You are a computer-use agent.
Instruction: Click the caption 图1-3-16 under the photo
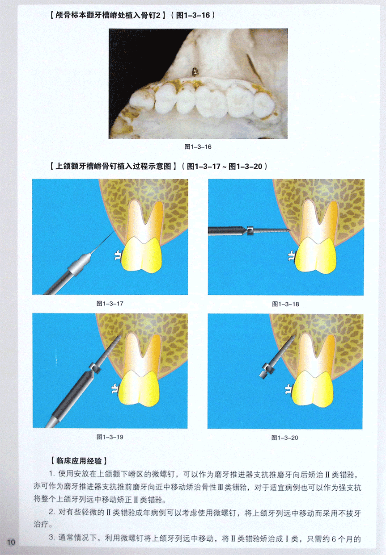click(x=198, y=147)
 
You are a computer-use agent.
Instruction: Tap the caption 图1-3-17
click(x=110, y=304)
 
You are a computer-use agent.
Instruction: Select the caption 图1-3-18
click(x=285, y=304)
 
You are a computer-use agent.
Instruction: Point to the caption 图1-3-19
click(x=110, y=437)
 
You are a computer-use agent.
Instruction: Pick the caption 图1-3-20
click(x=285, y=438)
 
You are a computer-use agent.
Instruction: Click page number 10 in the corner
click(x=11, y=542)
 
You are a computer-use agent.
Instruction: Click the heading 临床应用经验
click(x=79, y=461)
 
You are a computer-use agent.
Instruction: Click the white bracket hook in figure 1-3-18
click(x=291, y=256)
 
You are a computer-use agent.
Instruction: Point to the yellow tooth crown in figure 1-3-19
click(x=139, y=388)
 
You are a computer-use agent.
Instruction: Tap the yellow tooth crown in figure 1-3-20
click(x=313, y=389)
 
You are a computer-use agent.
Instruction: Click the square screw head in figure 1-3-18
click(x=250, y=231)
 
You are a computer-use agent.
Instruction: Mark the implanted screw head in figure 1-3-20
click(x=266, y=371)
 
